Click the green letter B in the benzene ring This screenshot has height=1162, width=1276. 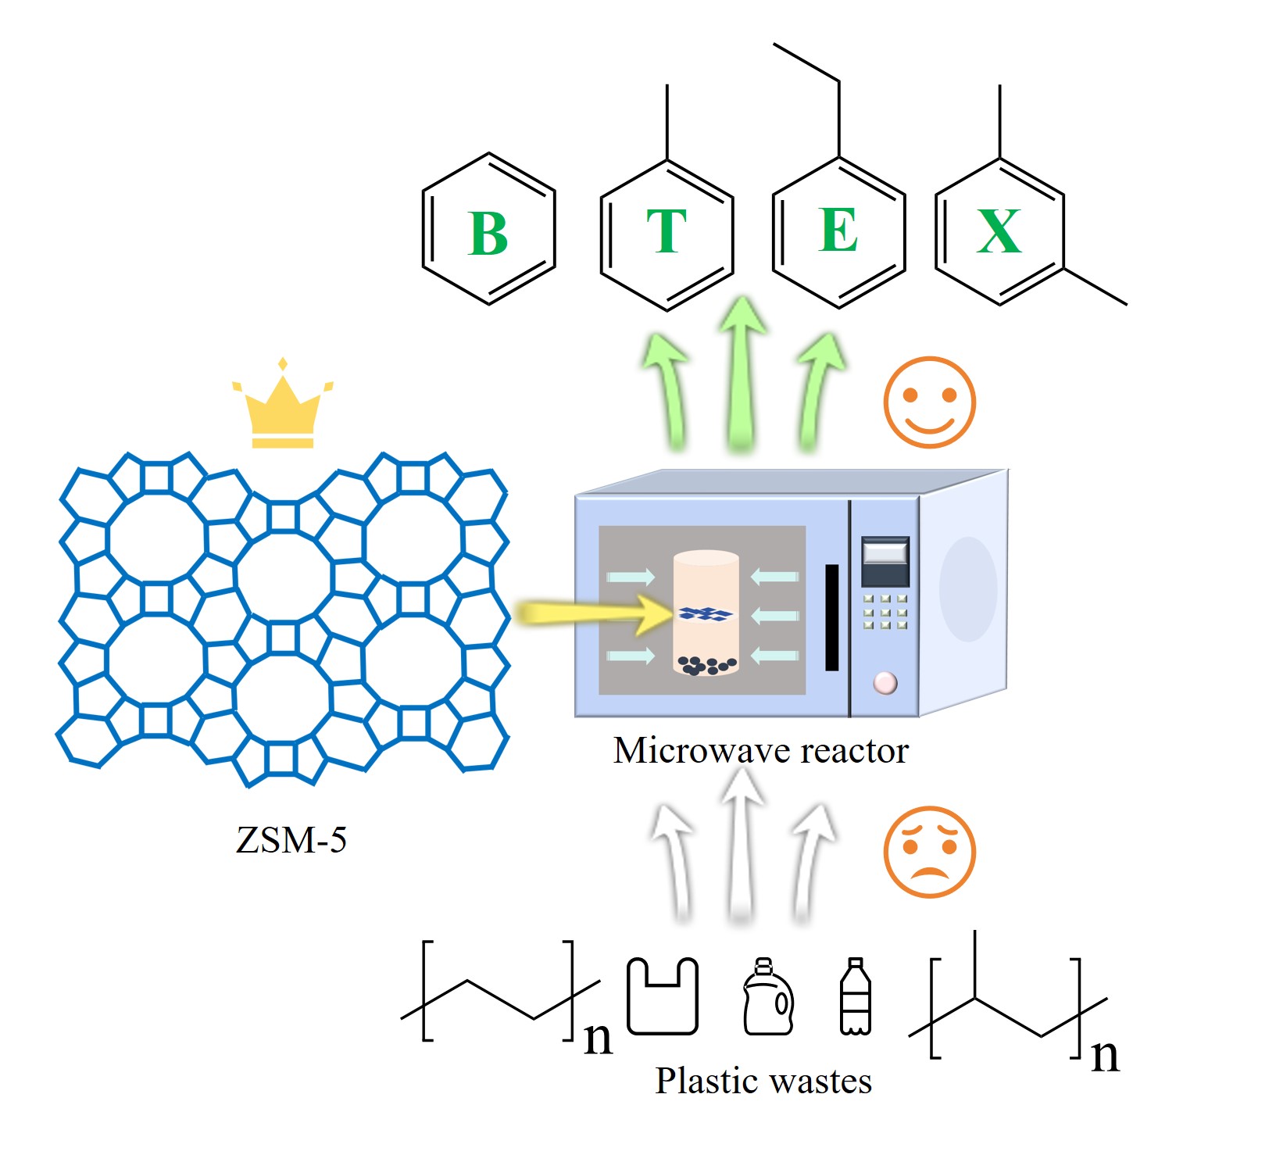click(488, 233)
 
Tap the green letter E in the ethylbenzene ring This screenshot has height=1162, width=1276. click(838, 231)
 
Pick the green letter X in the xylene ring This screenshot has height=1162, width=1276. click(999, 231)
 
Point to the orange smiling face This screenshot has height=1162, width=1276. click(929, 402)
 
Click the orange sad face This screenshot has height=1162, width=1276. click(929, 851)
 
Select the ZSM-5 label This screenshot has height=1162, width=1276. click(291, 840)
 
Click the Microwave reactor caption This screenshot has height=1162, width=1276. click(760, 750)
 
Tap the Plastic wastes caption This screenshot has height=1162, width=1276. click(763, 1082)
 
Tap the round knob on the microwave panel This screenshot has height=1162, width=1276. click(885, 682)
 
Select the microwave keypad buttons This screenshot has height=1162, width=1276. click(885, 612)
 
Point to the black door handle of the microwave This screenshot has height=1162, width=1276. click(832, 617)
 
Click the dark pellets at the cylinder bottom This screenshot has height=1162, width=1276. click(707, 665)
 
